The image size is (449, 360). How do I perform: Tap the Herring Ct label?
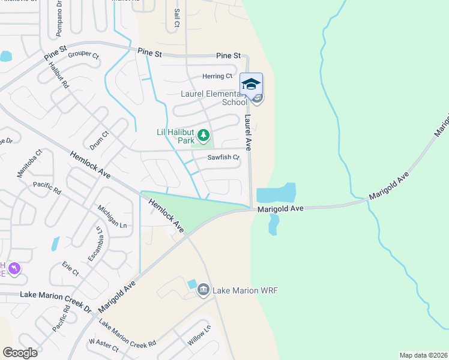tap(217, 76)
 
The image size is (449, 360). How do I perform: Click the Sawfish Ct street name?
tap(223, 158)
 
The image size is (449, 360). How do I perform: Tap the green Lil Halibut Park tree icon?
tap(203, 135)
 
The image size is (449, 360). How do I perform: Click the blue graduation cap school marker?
tap(251, 83)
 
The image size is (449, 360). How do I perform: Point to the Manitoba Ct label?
tap(30, 163)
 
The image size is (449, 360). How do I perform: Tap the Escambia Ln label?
tap(95, 244)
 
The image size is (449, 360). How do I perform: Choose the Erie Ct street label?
tap(70, 268)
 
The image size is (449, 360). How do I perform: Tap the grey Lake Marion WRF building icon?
tap(203, 290)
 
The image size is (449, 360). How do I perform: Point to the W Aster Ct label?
tap(103, 345)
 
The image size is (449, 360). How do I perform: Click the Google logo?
tap(20, 352)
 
